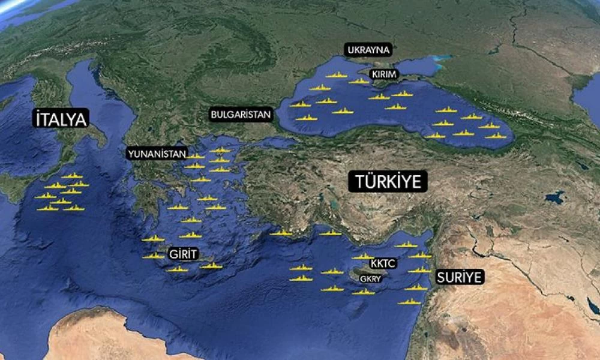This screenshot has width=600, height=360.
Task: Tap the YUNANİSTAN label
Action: pyautogui.click(x=157, y=154)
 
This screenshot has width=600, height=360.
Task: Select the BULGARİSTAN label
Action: pyautogui.click(x=241, y=114)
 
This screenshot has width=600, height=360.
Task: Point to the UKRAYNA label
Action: pyautogui.click(x=367, y=50)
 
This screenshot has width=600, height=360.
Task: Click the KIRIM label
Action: pyautogui.click(x=385, y=73)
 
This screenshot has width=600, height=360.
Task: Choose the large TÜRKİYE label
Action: pyautogui.click(x=388, y=181)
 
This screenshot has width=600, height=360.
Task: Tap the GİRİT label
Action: pyautogui.click(x=183, y=254)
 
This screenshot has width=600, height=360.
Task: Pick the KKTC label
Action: pyautogui.click(x=382, y=264)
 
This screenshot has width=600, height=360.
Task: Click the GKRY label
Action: pyautogui.click(x=370, y=279)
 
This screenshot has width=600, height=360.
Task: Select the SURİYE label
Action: pyautogui.click(x=459, y=277)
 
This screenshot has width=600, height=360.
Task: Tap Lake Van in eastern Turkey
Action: pyautogui.click(x=554, y=197)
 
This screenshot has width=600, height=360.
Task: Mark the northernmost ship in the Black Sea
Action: pyautogui.click(x=337, y=75)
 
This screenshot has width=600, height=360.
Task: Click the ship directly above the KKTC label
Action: pyautogui.click(x=362, y=256)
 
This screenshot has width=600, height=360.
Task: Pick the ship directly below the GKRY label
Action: pyautogui.click(x=363, y=292)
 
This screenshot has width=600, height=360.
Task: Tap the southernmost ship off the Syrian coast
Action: pyautogui.click(x=409, y=302)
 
